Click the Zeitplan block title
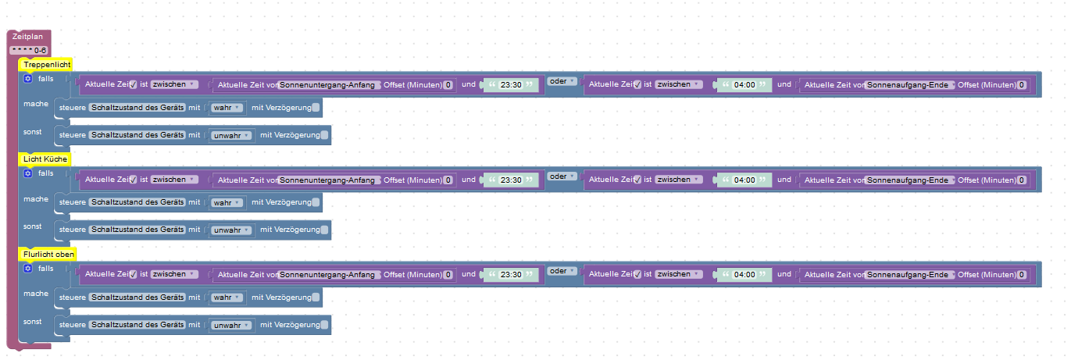click(x=27, y=37)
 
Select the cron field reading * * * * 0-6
click(x=29, y=50)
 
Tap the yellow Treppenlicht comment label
click(x=47, y=65)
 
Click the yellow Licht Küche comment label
click(x=45, y=159)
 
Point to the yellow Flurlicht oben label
click(x=48, y=255)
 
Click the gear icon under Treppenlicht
click(x=27, y=78)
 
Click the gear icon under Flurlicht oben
click(x=27, y=268)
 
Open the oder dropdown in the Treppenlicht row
click(x=562, y=81)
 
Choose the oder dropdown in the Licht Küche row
click(x=562, y=176)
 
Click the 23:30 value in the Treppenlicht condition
click(x=511, y=84)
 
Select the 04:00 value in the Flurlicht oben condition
click(x=744, y=274)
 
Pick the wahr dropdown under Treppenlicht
click(x=227, y=108)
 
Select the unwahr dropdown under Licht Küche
click(x=231, y=230)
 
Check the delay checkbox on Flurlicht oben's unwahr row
click(x=325, y=325)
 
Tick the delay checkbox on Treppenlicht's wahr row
click(x=316, y=108)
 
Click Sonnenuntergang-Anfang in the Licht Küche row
click(x=328, y=180)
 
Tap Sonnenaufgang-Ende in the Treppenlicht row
click(x=909, y=85)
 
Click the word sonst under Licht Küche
click(x=33, y=226)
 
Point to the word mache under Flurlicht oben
click(x=36, y=294)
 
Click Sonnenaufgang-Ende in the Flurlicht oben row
click(x=909, y=275)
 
